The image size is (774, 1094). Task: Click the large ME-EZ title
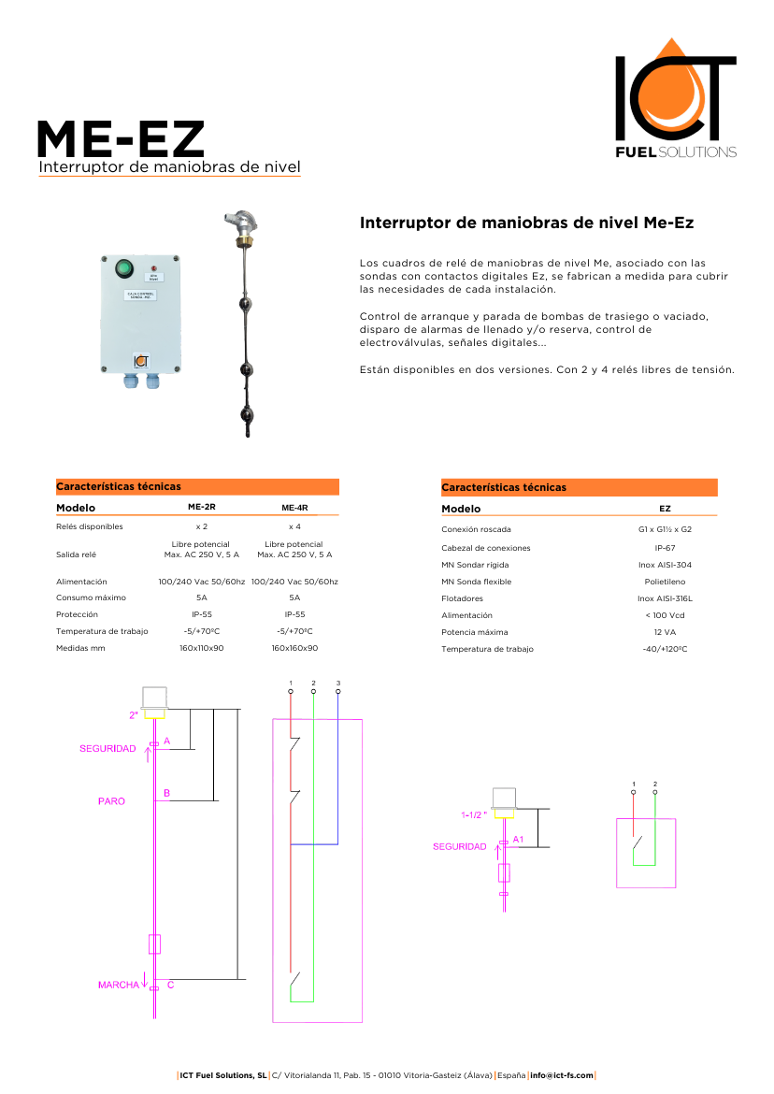pyautogui.click(x=121, y=139)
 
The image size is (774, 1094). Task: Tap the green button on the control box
pyautogui.click(x=123, y=269)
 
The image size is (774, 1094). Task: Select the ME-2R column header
pyautogui.click(x=201, y=508)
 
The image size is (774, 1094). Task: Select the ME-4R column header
pyautogui.click(x=294, y=508)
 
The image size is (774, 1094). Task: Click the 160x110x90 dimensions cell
pyautogui.click(x=201, y=648)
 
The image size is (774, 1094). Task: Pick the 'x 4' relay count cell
pyautogui.click(x=294, y=527)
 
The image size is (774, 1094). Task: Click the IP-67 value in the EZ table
pyautogui.click(x=665, y=548)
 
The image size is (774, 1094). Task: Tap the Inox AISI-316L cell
pyautogui.click(x=665, y=598)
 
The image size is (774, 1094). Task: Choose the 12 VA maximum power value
pyautogui.click(x=665, y=632)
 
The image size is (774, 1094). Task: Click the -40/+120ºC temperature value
pyautogui.click(x=665, y=649)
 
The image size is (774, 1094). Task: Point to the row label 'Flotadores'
pyautogui.click(x=462, y=598)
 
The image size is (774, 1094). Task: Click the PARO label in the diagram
pyautogui.click(x=111, y=801)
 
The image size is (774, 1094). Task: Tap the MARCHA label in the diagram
pyautogui.click(x=118, y=985)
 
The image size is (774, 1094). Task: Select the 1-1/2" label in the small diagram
pyautogui.click(x=474, y=815)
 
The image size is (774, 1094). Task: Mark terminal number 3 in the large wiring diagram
pyautogui.click(x=337, y=684)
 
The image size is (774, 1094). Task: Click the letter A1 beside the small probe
pyautogui.click(x=519, y=839)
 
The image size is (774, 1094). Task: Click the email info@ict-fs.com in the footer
pyautogui.click(x=562, y=1075)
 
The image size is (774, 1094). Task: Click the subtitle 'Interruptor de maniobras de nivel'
pyautogui.click(x=169, y=167)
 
